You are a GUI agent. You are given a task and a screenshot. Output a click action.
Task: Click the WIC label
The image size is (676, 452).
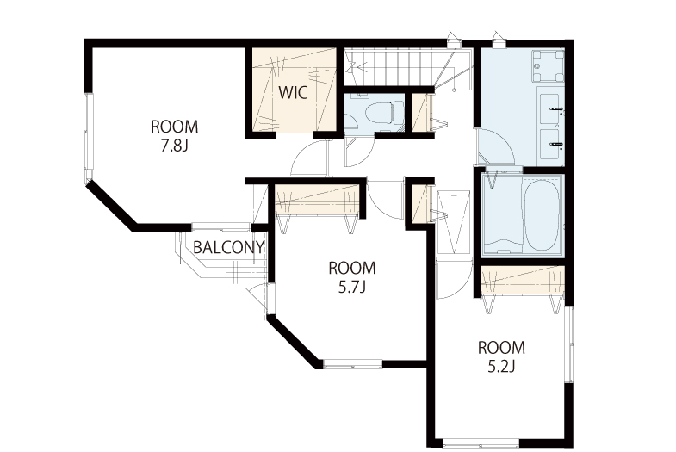coord(293,93)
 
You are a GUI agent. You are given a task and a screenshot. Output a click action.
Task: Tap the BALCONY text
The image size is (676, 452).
coord(228,247)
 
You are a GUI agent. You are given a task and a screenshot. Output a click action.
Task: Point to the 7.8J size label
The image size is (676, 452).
coord(174,146)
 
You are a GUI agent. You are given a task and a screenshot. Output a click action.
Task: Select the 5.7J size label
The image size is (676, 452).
coord(352,287)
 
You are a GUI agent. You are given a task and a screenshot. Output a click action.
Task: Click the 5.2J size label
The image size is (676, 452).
coord(501,367)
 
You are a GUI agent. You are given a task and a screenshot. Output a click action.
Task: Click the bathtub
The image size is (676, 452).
coord(542,215)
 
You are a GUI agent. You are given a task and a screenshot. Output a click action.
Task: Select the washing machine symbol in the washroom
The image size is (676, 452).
coord(548,66)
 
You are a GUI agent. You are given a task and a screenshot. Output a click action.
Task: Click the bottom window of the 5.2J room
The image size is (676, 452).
coord(481,442)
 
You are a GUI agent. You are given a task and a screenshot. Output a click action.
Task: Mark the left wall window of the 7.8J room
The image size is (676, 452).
coord(89,133)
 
